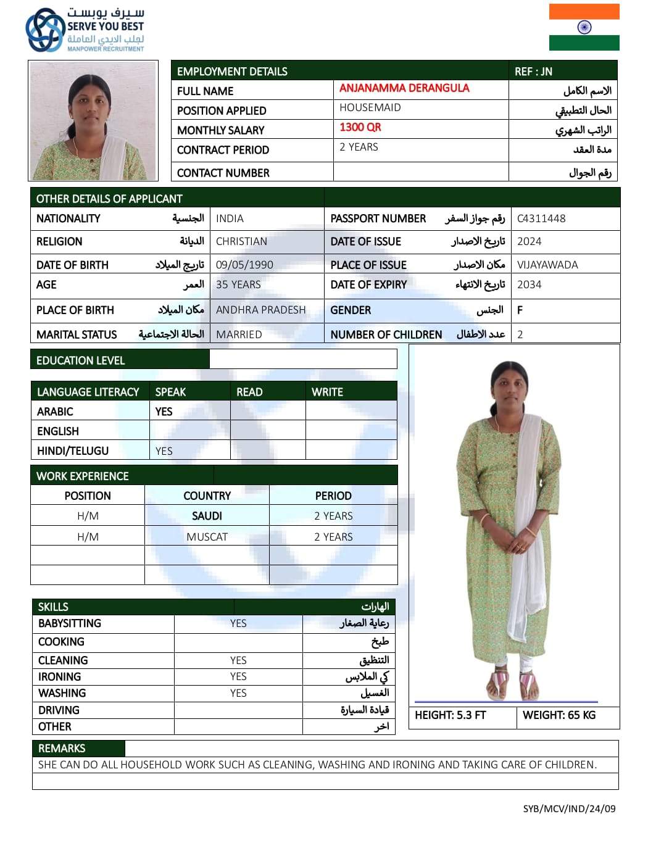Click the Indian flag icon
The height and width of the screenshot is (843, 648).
point(584,27)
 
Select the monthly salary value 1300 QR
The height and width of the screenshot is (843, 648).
point(360,127)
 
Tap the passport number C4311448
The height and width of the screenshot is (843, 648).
point(541,218)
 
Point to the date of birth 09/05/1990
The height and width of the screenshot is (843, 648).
point(244,265)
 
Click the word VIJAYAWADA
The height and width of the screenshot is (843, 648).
point(547,265)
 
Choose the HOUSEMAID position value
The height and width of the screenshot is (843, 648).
point(370,107)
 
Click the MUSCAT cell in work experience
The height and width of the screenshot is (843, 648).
point(207,537)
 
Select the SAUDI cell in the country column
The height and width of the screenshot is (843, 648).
point(207,516)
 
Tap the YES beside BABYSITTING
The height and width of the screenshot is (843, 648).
point(238,623)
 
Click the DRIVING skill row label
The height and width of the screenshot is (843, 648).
point(59,710)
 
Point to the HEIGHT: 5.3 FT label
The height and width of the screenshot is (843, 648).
point(451,715)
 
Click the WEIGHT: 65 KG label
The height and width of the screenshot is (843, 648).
point(559,715)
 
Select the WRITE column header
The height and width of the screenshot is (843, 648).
point(327,392)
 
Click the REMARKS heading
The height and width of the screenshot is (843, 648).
point(62,749)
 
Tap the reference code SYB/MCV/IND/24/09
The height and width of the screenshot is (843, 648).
point(569,808)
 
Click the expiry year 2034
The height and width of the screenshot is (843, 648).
point(530,284)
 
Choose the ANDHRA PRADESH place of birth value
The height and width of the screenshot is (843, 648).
point(261,310)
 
